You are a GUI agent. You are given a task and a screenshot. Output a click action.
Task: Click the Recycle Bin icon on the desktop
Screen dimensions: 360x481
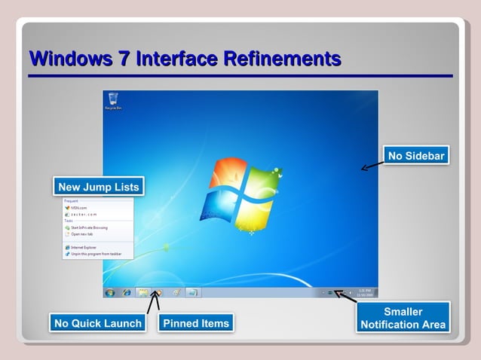point(113,101)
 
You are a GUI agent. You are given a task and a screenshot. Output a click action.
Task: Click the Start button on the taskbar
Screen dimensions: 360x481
point(110,292)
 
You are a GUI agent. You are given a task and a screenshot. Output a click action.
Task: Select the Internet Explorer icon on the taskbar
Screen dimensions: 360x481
point(127,292)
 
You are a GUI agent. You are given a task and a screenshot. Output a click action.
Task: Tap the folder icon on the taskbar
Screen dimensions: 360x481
point(142,292)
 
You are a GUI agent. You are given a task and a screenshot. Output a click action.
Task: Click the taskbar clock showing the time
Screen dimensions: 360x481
point(363,292)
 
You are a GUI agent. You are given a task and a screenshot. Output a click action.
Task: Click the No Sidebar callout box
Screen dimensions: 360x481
point(415,156)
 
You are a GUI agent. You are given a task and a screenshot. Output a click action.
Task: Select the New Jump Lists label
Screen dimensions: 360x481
point(98,187)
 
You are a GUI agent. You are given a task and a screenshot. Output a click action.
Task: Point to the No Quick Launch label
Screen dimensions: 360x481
point(97,323)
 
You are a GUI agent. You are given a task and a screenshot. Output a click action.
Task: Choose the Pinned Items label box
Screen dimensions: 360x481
point(195,323)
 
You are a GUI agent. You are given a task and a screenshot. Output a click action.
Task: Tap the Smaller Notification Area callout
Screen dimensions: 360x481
point(403,318)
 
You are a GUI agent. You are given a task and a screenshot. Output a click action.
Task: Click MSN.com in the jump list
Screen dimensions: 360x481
point(79,208)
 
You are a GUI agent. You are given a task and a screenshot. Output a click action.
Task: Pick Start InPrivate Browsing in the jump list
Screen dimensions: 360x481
point(89,227)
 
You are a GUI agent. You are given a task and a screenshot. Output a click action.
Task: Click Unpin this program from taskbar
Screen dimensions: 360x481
point(95,254)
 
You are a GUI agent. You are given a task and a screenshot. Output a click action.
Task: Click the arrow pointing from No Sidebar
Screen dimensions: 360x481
point(371,166)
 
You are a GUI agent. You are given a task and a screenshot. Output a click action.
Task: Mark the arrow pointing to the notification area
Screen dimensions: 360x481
point(346,296)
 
